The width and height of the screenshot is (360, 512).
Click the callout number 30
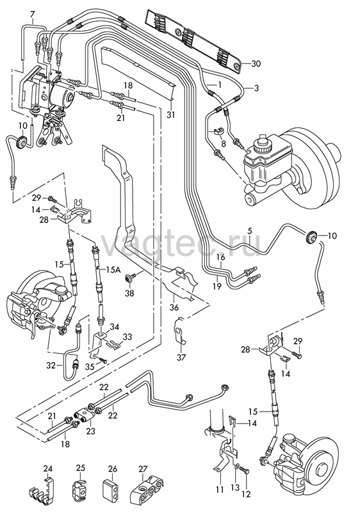click(256, 63)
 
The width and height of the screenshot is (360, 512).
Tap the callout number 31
click(170, 115)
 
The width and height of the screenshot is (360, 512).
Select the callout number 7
click(32, 15)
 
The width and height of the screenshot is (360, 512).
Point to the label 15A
click(113, 269)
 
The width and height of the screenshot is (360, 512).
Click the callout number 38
click(129, 293)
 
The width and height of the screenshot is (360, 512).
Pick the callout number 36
click(174, 308)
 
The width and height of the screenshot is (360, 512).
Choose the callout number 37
click(181, 357)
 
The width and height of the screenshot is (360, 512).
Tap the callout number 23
click(90, 431)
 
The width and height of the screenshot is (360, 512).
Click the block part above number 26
click(111, 489)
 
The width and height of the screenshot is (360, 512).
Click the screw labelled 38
click(129, 278)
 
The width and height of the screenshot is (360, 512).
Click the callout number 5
click(250, 231)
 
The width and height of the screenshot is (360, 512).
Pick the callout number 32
click(51, 365)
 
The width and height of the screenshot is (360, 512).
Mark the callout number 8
click(223, 143)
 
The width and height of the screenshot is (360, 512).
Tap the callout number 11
click(220, 490)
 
